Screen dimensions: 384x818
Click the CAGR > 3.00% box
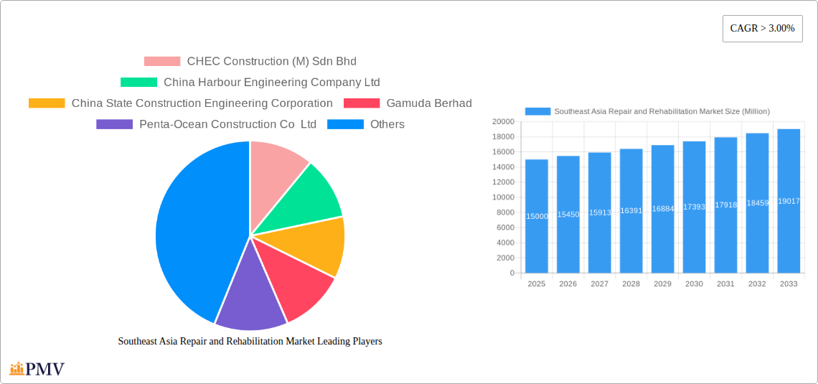tap(762, 29)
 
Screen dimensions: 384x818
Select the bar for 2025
tap(537, 216)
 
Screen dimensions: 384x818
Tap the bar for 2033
tap(789, 201)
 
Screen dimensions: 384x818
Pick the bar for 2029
tap(662, 209)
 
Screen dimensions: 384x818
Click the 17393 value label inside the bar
tap(694, 207)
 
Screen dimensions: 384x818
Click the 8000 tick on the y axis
tap(504, 212)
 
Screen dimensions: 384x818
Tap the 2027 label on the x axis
tap(599, 284)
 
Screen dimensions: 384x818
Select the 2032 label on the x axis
tap(757, 284)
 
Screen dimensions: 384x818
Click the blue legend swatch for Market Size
tap(537, 111)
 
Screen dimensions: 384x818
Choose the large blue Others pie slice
tap(194, 230)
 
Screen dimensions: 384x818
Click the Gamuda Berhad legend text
tap(429, 103)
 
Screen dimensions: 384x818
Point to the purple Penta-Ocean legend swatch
tap(114, 124)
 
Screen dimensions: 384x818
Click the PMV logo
tap(37, 369)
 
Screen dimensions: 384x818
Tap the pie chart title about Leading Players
tap(250, 341)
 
